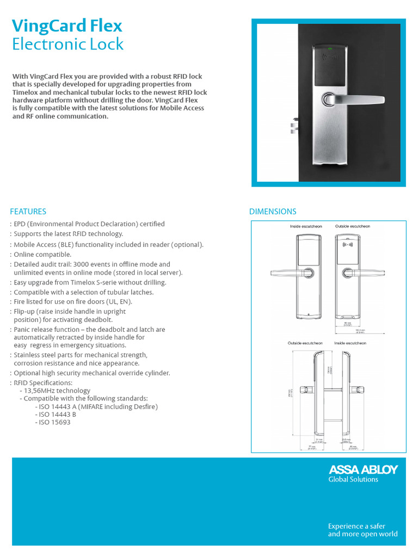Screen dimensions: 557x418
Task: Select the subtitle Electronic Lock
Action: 67,44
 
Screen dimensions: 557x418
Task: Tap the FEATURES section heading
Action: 28,212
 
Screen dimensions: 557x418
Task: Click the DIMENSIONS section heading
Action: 273,212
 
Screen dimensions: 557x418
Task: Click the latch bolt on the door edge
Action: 293,127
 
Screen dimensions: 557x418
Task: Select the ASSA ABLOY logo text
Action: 362,469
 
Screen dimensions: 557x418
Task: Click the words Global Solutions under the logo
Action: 353,479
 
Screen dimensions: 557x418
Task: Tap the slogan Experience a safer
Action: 356,526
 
